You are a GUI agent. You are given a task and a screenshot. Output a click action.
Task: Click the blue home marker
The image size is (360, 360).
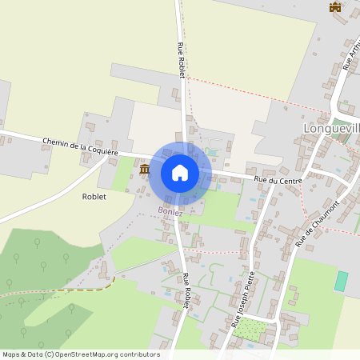pos(180,173)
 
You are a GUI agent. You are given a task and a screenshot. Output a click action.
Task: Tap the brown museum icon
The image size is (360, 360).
pos(145,169)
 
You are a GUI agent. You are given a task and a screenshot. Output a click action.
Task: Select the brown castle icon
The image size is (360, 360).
pos(335,7)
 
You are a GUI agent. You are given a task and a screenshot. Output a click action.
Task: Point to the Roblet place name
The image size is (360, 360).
pos(94,195)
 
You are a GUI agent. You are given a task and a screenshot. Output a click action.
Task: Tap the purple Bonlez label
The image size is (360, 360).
pos(170,212)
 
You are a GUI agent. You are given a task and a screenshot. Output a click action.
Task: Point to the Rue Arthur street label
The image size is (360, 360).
pos(349,57)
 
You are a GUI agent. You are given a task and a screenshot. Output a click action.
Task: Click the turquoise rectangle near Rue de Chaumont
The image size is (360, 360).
pos(342,281)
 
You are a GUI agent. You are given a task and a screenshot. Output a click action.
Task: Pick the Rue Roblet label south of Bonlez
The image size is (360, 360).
pos(186,290)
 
